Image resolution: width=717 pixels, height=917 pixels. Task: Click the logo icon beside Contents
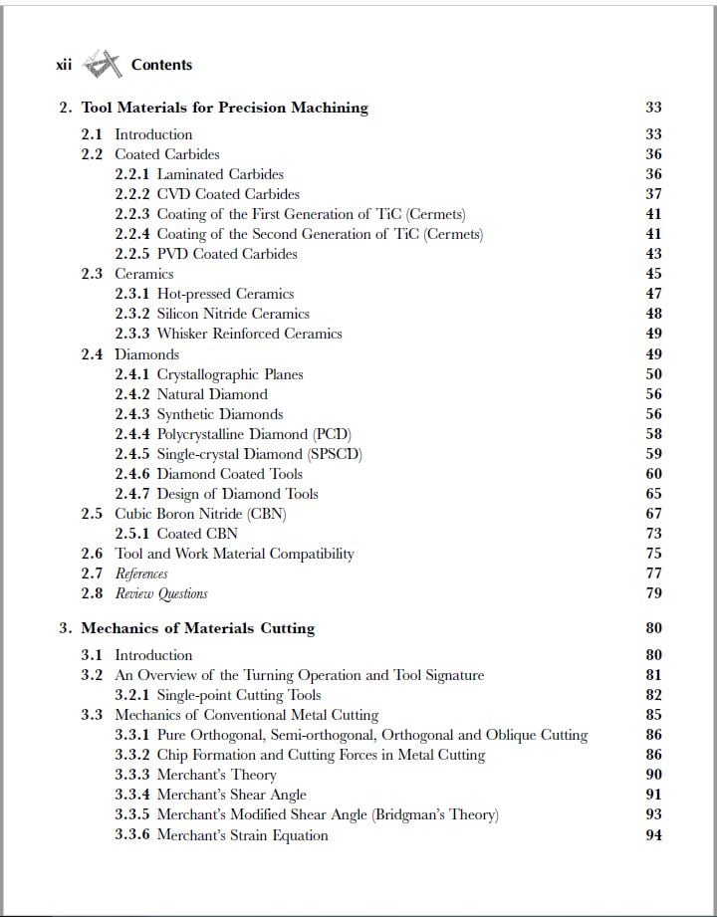pyautogui.click(x=102, y=66)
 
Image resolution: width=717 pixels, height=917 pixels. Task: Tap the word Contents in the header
pyautogui.click(x=161, y=65)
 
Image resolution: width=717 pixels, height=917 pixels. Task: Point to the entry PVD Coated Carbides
pyautogui.click(x=227, y=254)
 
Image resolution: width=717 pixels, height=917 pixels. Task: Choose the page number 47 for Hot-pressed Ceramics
pyautogui.click(x=653, y=294)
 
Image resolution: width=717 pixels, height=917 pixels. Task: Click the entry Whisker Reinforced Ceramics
pyautogui.click(x=249, y=334)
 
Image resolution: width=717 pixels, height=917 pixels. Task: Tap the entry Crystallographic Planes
pyautogui.click(x=230, y=374)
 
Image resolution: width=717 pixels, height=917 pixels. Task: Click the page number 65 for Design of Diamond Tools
pyautogui.click(x=653, y=494)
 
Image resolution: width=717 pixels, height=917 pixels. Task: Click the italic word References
pyautogui.click(x=141, y=573)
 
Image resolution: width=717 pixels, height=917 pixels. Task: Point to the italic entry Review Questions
pyautogui.click(x=161, y=593)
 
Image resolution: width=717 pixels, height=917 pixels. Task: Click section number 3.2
pyautogui.click(x=92, y=675)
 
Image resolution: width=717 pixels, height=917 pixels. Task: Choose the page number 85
pyautogui.click(x=653, y=715)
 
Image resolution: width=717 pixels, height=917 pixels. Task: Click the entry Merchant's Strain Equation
pyautogui.click(x=242, y=835)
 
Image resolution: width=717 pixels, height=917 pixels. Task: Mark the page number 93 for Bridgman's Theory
pyautogui.click(x=653, y=814)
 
